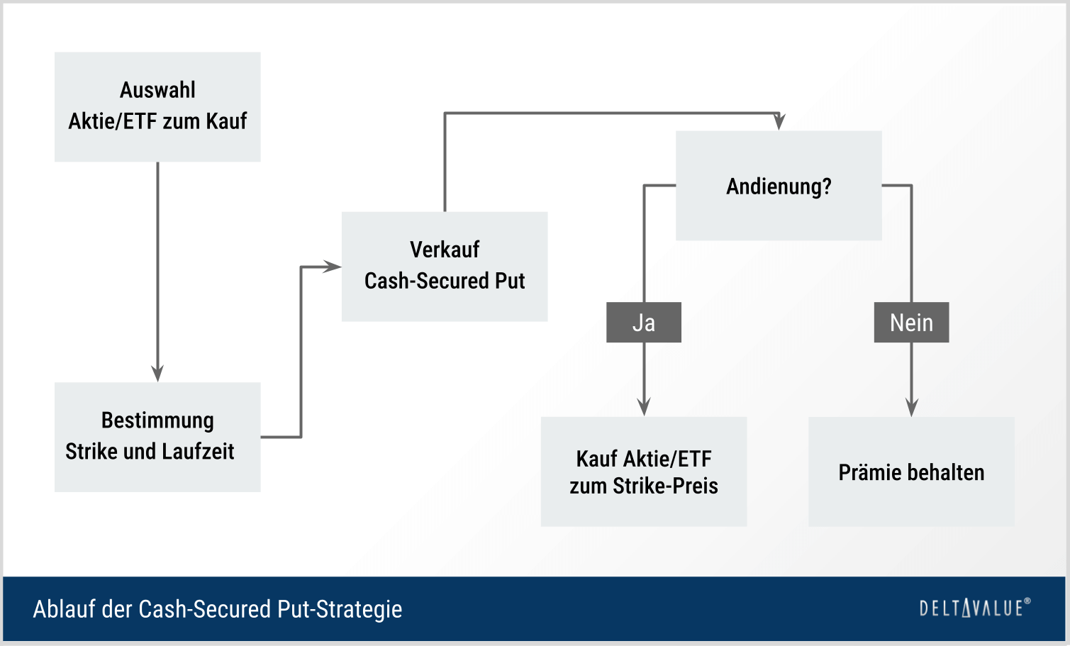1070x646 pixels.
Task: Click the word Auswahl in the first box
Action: click(157, 90)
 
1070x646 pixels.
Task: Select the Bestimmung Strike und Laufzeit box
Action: click(157, 437)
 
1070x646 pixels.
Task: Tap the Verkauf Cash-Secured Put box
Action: click(445, 266)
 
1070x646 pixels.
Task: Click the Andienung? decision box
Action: click(779, 186)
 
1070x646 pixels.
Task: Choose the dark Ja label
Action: click(644, 323)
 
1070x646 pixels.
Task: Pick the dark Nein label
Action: click(911, 323)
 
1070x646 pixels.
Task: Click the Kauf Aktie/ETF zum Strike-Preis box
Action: click(644, 472)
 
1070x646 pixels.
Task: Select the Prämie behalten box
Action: click(911, 472)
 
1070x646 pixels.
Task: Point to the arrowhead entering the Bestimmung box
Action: click(157, 373)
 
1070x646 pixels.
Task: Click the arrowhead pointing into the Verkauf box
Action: click(333, 267)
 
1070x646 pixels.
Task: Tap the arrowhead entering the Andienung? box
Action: click(779, 122)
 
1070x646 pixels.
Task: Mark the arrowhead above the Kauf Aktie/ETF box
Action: click(644, 407)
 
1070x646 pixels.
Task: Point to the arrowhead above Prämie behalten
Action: click(912, 407)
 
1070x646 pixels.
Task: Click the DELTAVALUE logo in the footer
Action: click(974, 608)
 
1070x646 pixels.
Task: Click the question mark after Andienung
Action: click(827, 186)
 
